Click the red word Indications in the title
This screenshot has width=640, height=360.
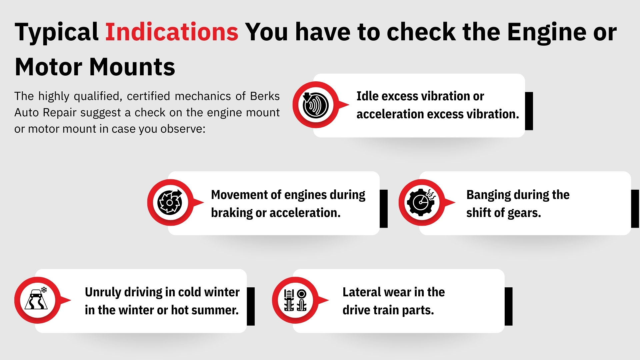coord(172,32)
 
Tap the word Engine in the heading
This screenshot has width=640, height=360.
coord(546,32)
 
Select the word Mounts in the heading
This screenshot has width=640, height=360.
coord(132,67)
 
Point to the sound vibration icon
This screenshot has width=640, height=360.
coord(315,105)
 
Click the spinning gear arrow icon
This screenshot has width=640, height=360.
coord(170,202)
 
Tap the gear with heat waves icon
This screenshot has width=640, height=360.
coord(422,202)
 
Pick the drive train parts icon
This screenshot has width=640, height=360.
coord(295,300)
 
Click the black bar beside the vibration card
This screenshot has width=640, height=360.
coord(529,111)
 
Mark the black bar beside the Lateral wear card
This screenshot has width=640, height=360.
coord(508,306)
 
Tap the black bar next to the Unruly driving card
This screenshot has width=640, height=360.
coord(251,306)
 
